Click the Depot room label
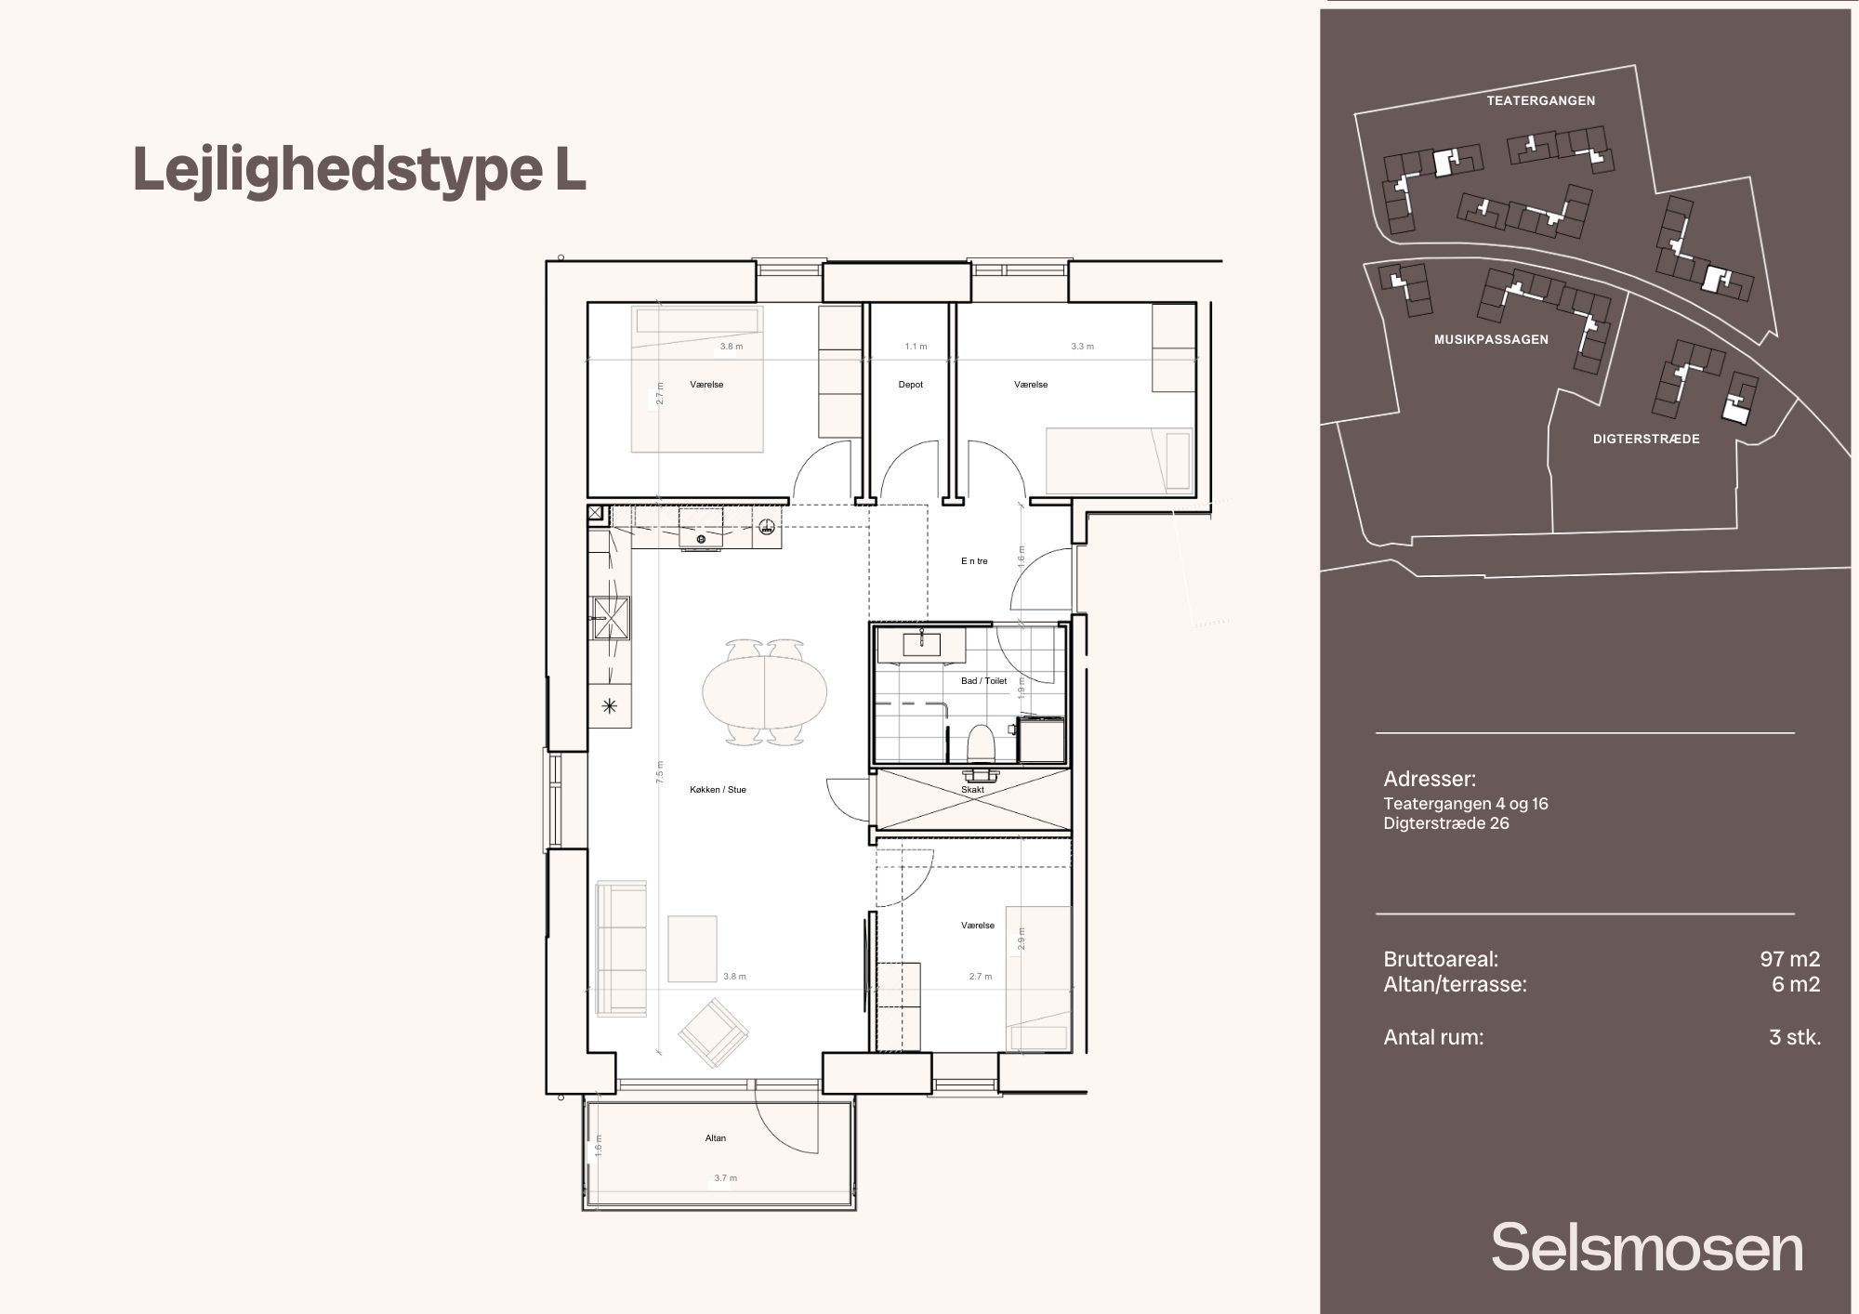click(x=910, y=385)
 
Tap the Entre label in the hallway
click(x=974, y=561)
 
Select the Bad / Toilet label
click(x=983, y=681)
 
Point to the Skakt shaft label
click(x=972, y=790)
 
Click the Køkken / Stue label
click(x=718, y=790)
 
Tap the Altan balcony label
click(x=716, y=1138)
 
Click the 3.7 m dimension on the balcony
click(x=725, y=1178)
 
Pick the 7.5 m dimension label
click(x=660, y=772)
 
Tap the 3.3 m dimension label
click(x=1082, y=347)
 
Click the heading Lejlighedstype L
click(x=360, y=170)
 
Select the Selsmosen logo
click(x=1647, y=1248)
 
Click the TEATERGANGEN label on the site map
click(x=1540, y=100)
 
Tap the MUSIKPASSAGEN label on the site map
click(x=1491, y=340)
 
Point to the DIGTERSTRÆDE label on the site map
click(x=1646, y=439)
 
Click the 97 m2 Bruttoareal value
click(x=1789, y=959)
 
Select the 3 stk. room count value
click(x=1795, y=1037)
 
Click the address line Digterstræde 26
click(x=1446, y=823)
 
